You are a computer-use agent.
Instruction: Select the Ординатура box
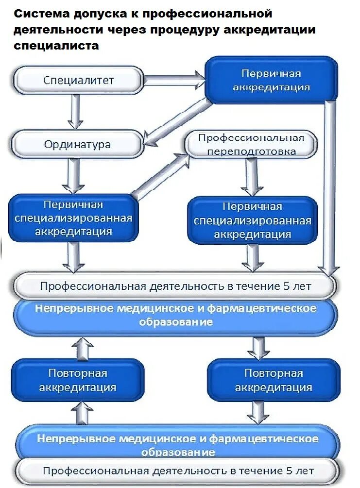click(x=78, y=144)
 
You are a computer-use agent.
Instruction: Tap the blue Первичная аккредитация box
click(x=271, y=80)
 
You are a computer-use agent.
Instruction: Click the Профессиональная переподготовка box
click(x=251, y=144)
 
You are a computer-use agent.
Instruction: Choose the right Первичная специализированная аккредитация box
click(x=252, y=220)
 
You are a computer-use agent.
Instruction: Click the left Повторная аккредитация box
click(x=78, y=380)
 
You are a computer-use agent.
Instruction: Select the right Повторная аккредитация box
click(x=274, y=380)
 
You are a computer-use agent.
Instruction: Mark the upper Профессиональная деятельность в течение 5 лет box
click(x=175, y=286)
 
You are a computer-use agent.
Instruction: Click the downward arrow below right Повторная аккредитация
click(x=257, y=412)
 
